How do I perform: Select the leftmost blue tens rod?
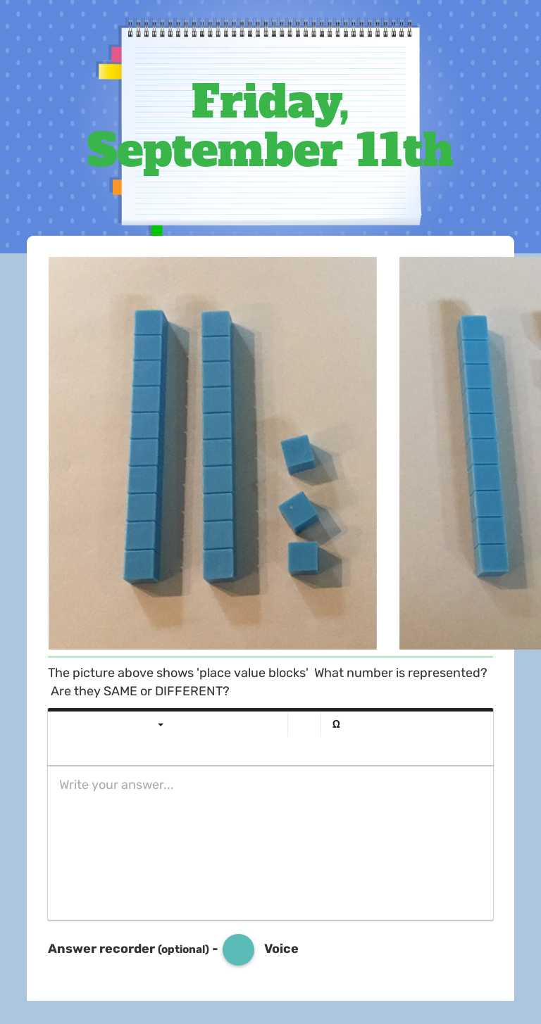click(146, 447)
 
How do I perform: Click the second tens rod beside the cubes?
click(218, 447)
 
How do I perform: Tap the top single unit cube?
click(298, 453)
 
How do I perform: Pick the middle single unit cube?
click(299, 511)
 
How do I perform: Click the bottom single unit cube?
click(303, 557)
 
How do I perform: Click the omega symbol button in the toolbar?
click(336, 724)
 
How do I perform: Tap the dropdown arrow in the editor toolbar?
click(161, 725)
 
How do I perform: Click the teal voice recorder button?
click(238, 949)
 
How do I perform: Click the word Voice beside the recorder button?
click(281, 949)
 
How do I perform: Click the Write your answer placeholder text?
click(116, 785)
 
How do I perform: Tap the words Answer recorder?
click(101, 949)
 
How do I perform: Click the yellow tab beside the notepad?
click(110, 71)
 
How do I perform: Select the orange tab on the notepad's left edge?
click(117, 187)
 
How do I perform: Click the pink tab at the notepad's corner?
click(116, 54)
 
